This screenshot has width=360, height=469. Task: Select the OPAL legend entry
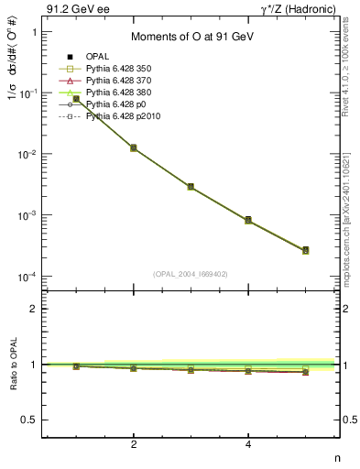tap(100, 58)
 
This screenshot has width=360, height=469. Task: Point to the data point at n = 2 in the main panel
tap(134, 147)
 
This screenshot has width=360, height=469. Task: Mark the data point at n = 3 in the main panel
tap(191, 186)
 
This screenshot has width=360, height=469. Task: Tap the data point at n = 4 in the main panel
tap(248, 220)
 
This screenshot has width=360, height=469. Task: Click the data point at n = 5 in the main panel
tap(305, 250)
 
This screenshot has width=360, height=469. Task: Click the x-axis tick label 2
tap(134, 446)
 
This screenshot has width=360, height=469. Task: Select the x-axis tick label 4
tap(248, 446)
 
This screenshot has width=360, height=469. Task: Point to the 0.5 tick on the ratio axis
tap(29, 420)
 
